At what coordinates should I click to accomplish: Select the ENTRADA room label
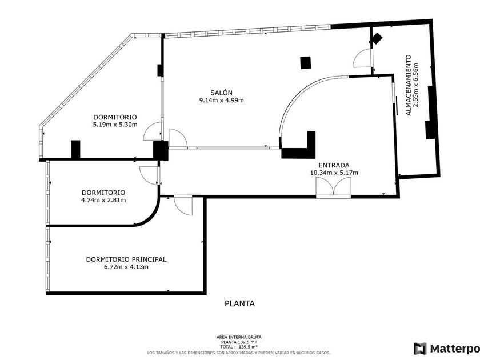point(334,164)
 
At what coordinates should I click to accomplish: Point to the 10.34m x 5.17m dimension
point(334,172)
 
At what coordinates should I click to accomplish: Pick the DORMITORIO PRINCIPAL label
point(126,259)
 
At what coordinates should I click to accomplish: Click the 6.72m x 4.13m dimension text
point(126,267)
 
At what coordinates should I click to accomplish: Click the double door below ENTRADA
point(333,187)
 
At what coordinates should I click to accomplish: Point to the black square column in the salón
point(306,62)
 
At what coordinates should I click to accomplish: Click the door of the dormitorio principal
point(183,205)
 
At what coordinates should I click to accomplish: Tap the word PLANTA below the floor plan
point(239,304)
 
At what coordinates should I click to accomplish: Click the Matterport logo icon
point(420,348)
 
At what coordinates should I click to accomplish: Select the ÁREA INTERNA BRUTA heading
point(239,338)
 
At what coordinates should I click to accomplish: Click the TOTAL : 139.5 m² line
point(239,347)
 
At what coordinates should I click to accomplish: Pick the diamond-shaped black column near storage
point(376,39)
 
